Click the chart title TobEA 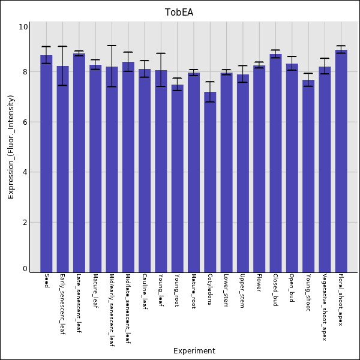click(x=179, y=13)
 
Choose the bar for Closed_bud click(x=275, y=163)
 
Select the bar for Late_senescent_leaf click(x=79, y=163)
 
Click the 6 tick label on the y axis click(x=24, y=122)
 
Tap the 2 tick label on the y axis click(x=24, y=223)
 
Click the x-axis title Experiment click(x=194, y=351)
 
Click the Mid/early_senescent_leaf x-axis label click(x=112, y=310)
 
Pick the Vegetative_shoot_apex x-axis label click(x=325, y=307)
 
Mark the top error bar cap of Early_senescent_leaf click(x=62, y=46)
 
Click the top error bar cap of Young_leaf click(x=161, y=53)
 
